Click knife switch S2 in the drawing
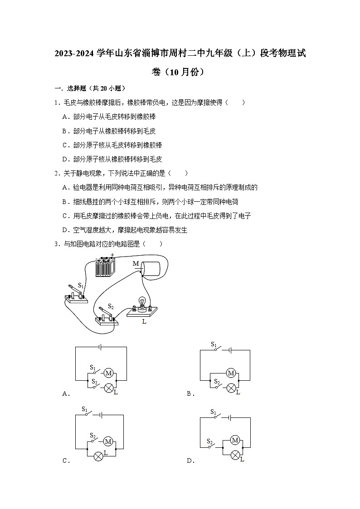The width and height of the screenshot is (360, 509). click(107, 316)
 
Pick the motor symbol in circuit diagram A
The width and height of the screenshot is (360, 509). click(108, 373)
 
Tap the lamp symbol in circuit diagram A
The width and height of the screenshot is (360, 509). click(108, 388)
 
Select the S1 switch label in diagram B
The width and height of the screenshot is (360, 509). click(214, 344)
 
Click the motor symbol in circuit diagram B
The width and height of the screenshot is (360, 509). click(231, 373)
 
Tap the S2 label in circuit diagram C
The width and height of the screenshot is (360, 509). click(93, 434)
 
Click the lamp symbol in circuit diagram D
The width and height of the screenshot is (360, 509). click(235, 455)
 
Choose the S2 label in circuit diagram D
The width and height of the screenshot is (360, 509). click(210, 441)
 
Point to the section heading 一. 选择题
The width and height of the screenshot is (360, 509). click(69, 88)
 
